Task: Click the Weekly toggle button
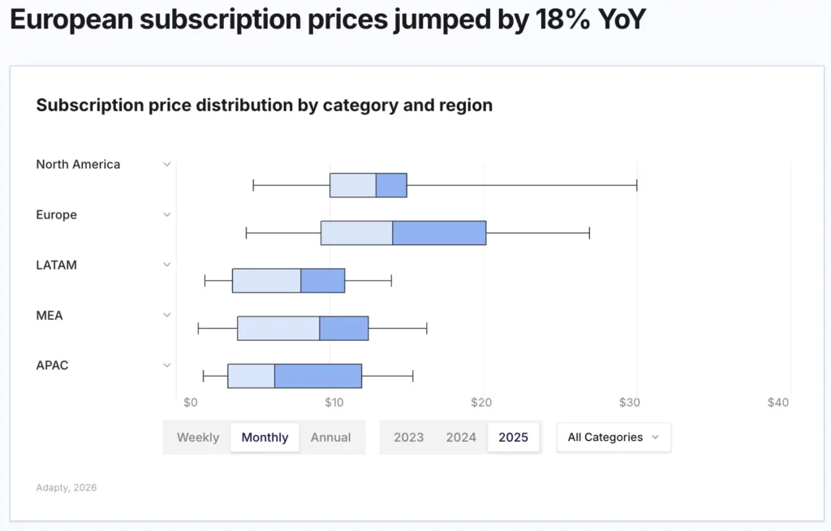pos(198,438)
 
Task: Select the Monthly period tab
pos(265,438)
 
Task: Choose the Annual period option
pos(331,438)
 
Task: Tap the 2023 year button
pos(409,438)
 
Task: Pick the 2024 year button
pos(461,438)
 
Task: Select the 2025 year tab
pos(513,438)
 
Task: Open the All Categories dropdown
pos(614,438)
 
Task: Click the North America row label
pos(78,164)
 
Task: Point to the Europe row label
pos(57,215)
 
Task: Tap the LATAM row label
pos(57,265)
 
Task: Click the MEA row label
pos(50,315)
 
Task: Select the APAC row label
pos(52,365)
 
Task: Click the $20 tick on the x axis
pos(481,403)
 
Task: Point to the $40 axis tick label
pos(777,403)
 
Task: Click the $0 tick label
pos(191,403)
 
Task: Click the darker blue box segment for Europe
pos(439,233)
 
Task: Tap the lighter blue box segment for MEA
pos(278,328)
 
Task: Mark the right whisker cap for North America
pos(637,185)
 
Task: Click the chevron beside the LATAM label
pos(167,265)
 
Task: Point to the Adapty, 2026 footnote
pos(67,488)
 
